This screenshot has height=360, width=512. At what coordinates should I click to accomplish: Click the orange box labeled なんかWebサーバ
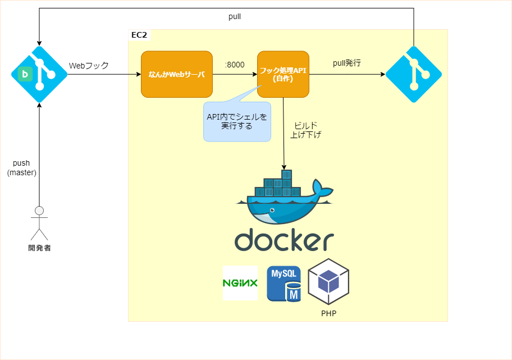(177, 74)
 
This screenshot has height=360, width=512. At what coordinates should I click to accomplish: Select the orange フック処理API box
(284, 74)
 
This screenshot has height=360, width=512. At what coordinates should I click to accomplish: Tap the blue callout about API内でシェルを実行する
(237, 121)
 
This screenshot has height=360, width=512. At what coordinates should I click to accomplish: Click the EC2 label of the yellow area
(139, 35)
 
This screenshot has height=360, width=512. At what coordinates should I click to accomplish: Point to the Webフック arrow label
(89, 66)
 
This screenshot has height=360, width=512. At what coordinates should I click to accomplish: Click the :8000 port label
(235, 65)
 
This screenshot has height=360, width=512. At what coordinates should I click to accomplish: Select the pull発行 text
(347, 63)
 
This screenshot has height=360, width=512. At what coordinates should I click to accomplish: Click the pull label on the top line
(235, 17)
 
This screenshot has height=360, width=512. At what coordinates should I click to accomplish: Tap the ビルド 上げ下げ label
(305, 130)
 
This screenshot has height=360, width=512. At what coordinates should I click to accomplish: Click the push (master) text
(21, 168)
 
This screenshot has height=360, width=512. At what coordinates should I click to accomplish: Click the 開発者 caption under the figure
(39, 248)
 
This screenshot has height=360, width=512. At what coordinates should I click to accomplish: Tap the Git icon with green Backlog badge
(39, 74)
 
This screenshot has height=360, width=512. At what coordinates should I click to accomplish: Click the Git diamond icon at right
(414, 74)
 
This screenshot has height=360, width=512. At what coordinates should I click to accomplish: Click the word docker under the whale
(284, 240)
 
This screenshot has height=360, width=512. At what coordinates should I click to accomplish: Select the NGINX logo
(240, 283)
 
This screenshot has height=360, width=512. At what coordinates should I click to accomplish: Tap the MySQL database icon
(284, 284)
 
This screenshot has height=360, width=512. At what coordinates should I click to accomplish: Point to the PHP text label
(328, 313)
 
